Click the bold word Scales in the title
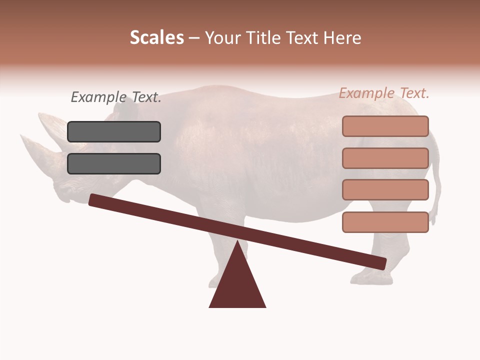pyautogui.click(x=156, y=38)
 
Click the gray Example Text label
pyautogui.click(x=116, y=97)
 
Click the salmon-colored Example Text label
pyautogui.click(x=384, y=93)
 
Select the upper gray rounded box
pyautogui.click(x=114, y=132)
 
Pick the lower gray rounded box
pyautogui.click(x=114, y=164)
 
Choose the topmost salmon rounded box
pyautogui.click(x=385, y=126)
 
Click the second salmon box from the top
pyautogui.click(x=385, y=158)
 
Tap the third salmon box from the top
pyautogui.click(x=385, y=190)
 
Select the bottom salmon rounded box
pyautogui.click(x=385, y=222)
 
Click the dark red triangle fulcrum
pyautogui.click(x=237, y=285)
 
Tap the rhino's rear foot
pyautogui.click(x=370, y=276)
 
